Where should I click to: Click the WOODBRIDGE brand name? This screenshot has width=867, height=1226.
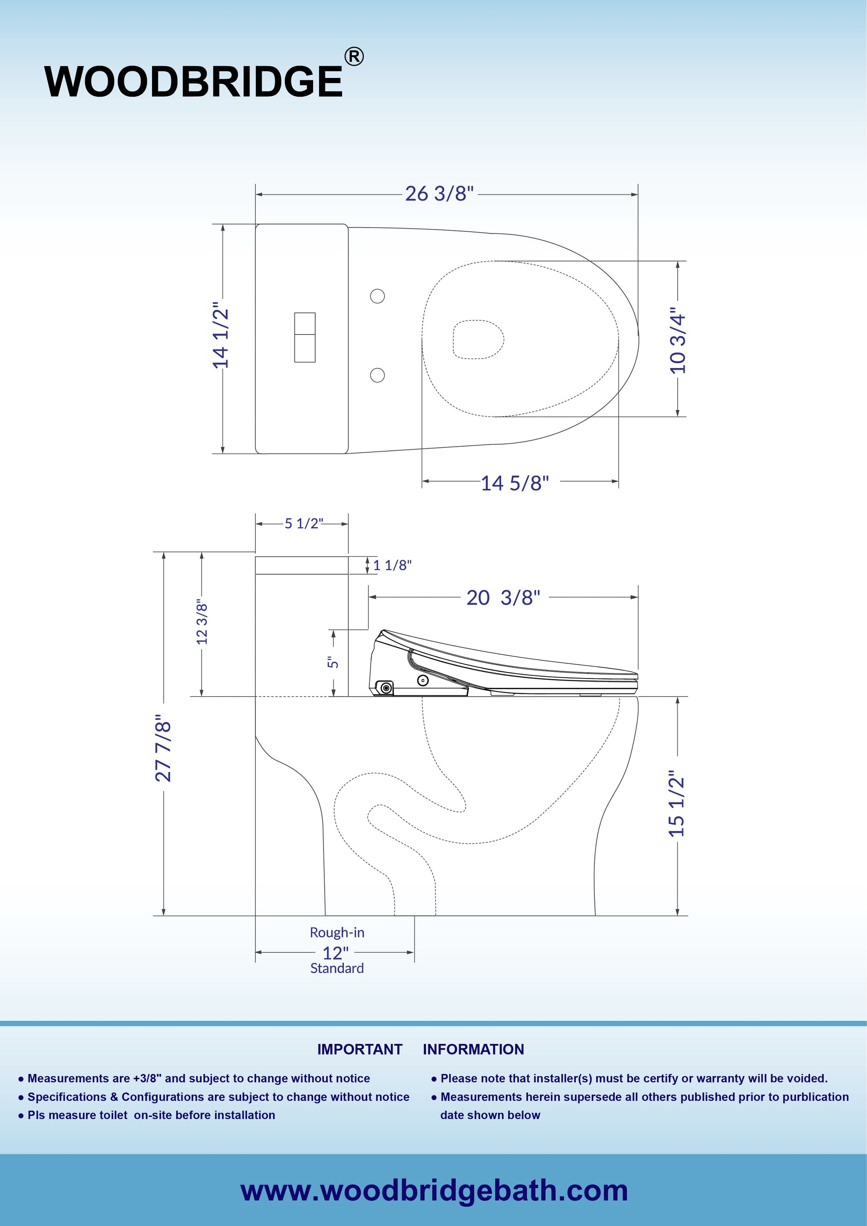(x=193, y=82)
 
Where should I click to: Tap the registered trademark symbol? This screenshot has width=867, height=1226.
(x=354, y=57)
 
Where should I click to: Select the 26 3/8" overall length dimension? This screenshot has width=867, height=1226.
(x=439, y=193)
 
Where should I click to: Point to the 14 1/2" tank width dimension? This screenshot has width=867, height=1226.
(x=221, y=339)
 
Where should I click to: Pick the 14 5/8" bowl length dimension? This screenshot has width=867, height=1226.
(x=515, y=483)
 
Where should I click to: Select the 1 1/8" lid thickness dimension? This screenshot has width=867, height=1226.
(x=393, y=565)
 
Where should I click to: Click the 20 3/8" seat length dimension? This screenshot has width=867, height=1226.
(x=503, y=597)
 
